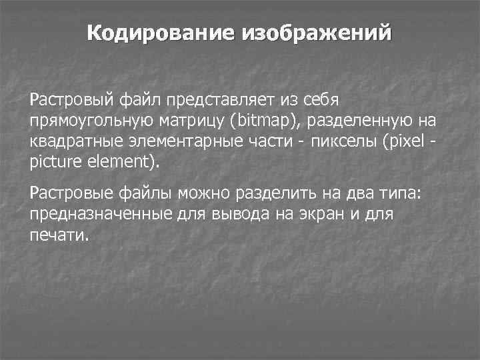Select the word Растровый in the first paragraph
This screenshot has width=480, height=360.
coord(72,100)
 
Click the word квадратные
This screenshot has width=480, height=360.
coord(70,142)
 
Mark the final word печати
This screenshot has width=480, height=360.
coord(59,235)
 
